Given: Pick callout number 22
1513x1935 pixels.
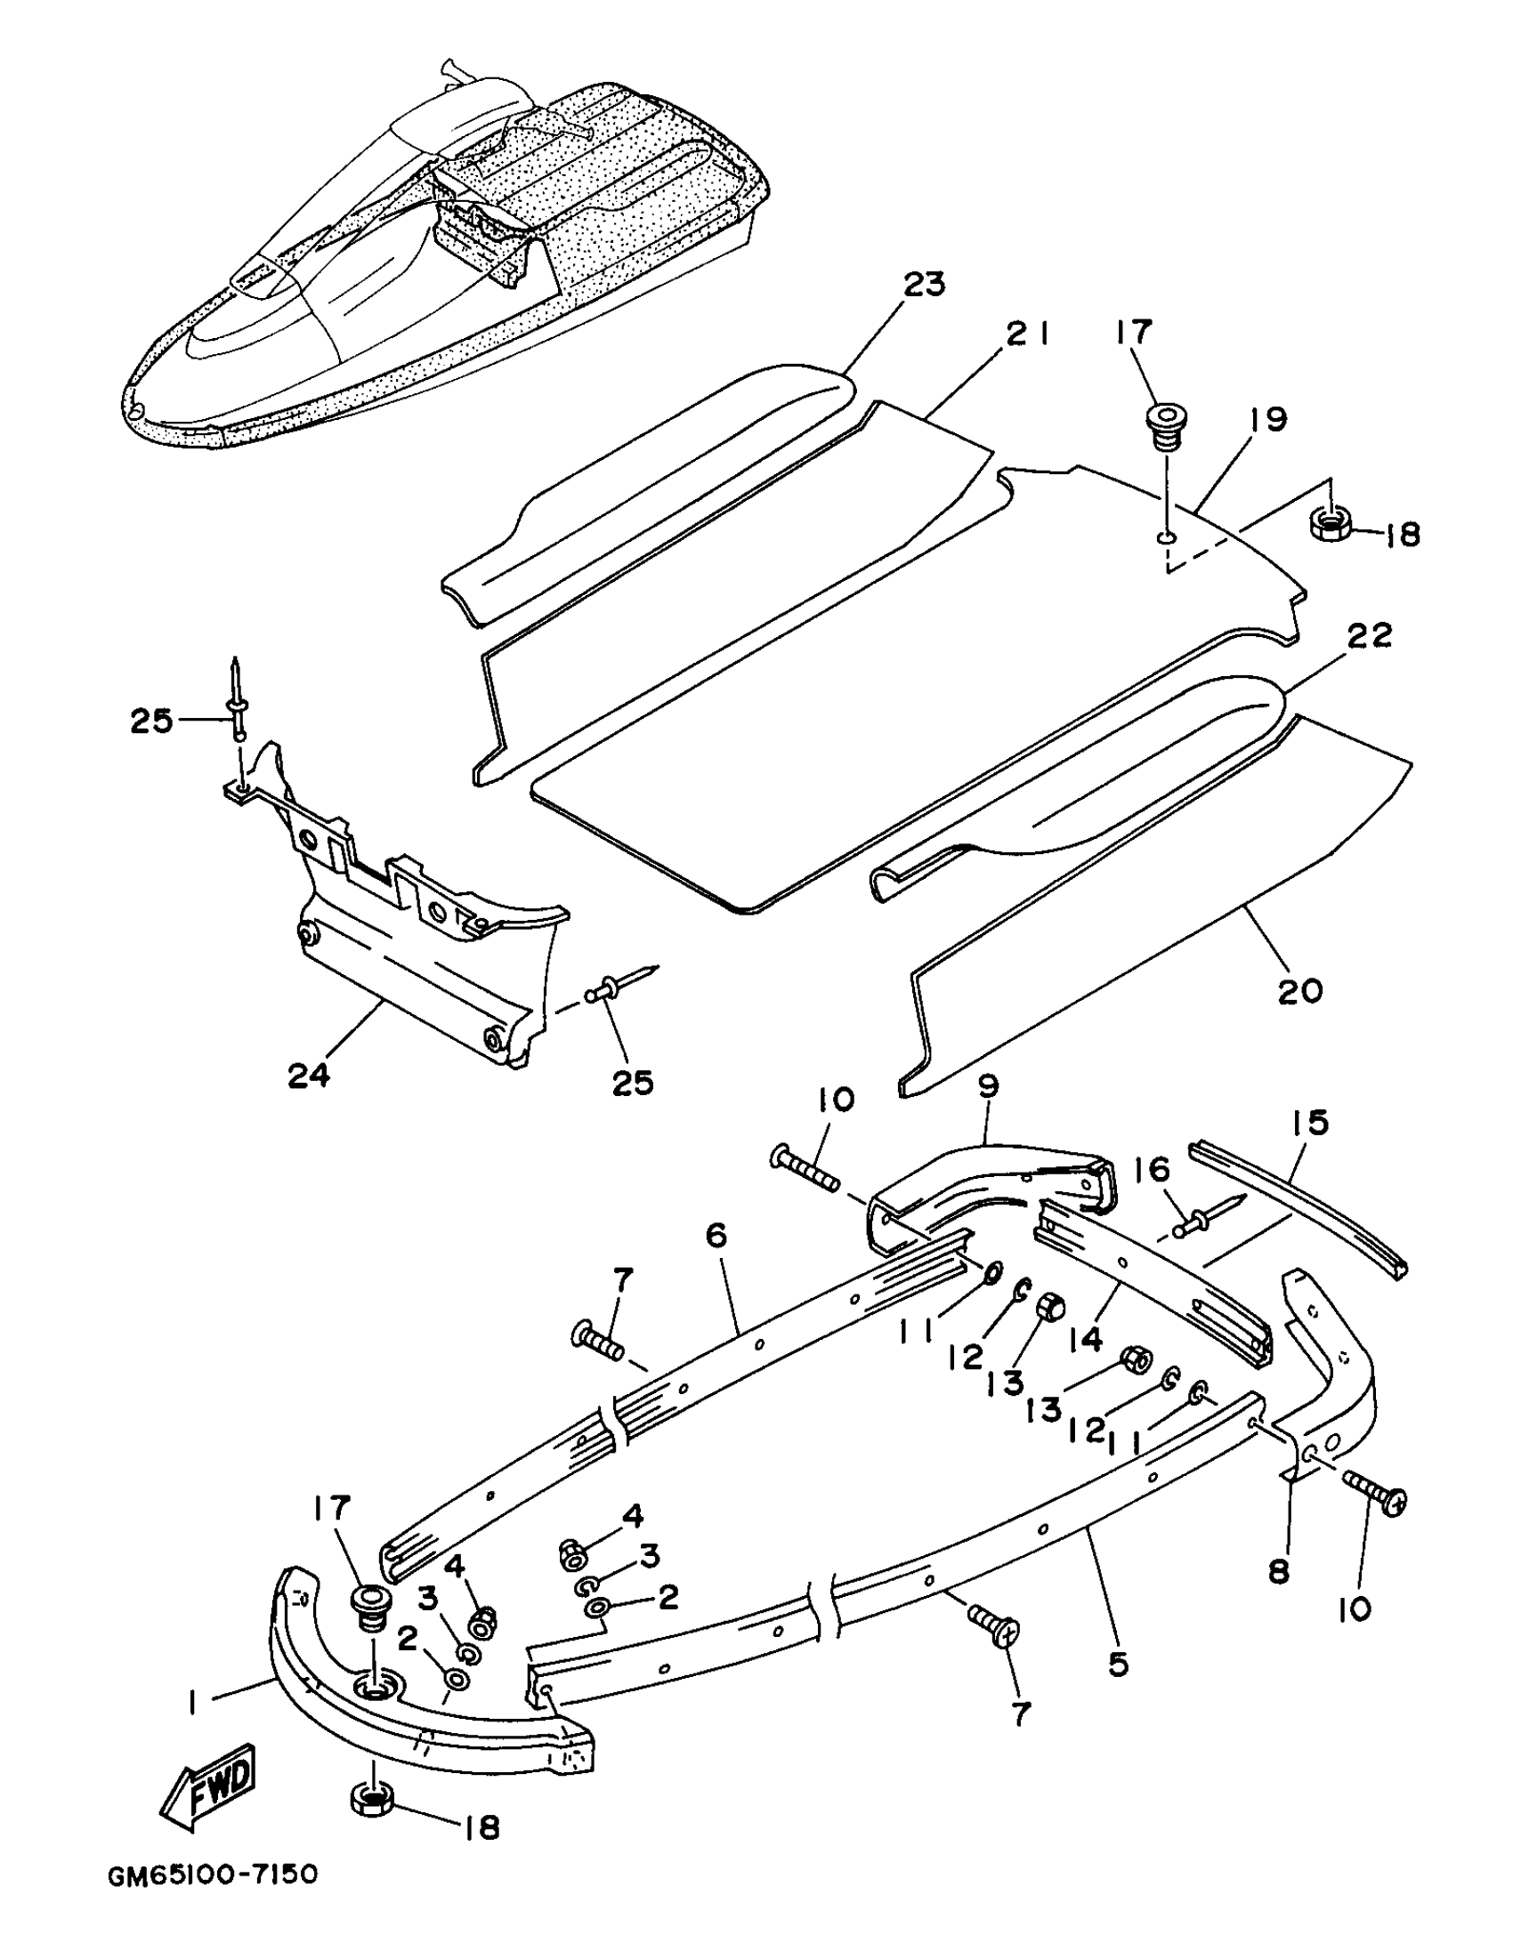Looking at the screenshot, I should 1369,635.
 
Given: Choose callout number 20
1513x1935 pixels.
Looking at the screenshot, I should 1300,990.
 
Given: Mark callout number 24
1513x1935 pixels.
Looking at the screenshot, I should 309,1075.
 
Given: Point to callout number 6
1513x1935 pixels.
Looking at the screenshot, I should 717,1235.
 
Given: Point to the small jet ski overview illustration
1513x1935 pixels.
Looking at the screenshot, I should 445,258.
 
